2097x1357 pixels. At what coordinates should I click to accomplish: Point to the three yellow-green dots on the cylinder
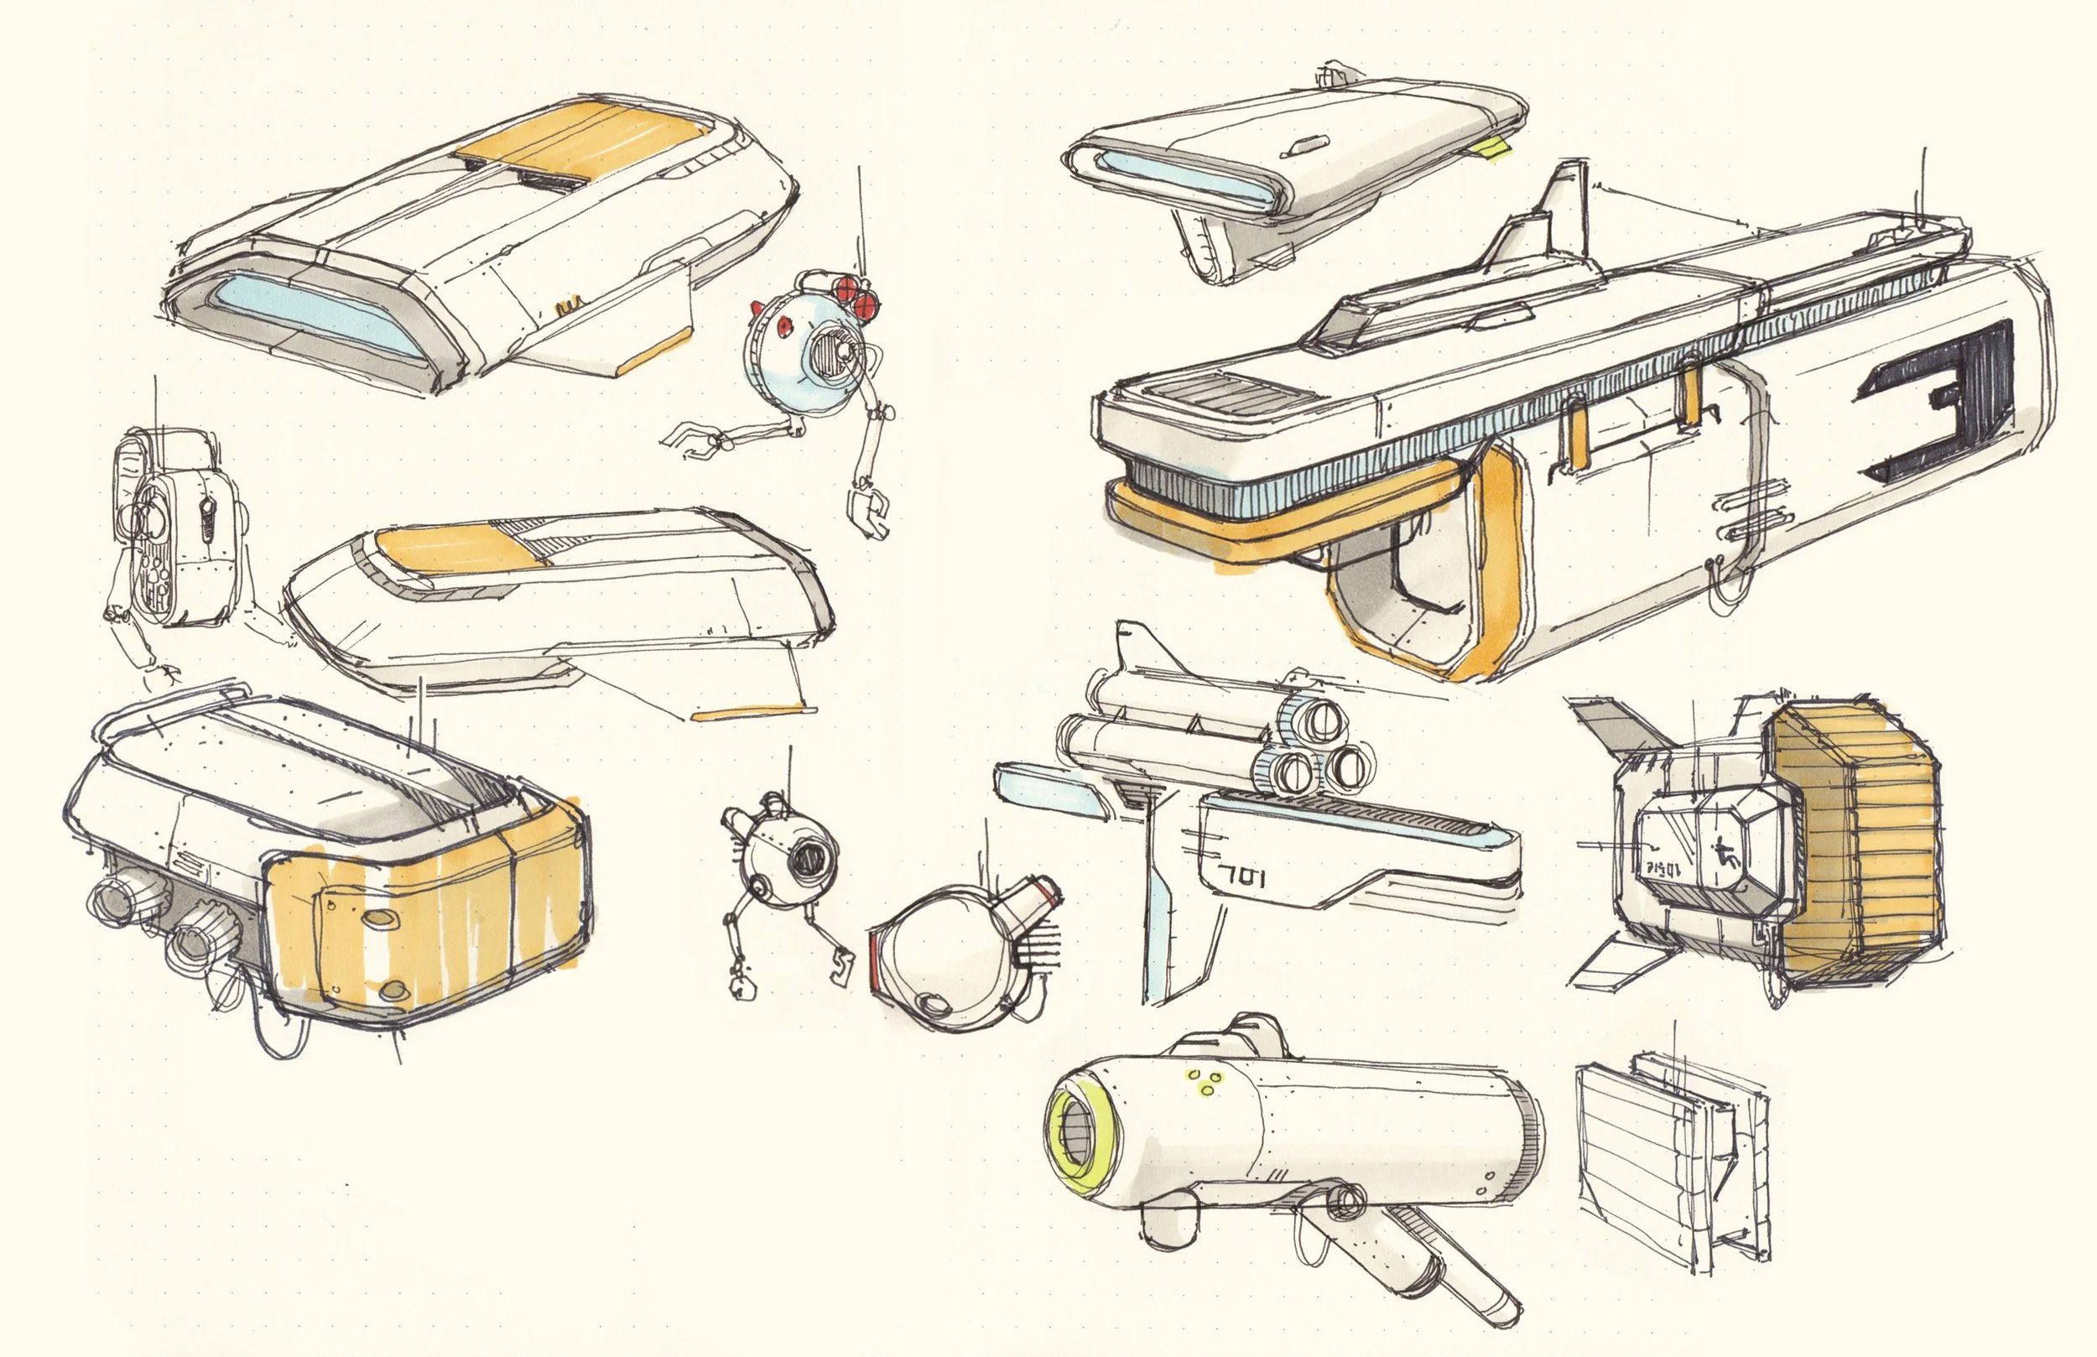point(1204,1082)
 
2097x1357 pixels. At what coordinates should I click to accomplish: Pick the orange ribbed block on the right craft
point(1859,846)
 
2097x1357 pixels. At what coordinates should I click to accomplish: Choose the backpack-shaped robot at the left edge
point(172,528)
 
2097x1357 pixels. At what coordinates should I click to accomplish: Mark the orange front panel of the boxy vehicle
point(423,934)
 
